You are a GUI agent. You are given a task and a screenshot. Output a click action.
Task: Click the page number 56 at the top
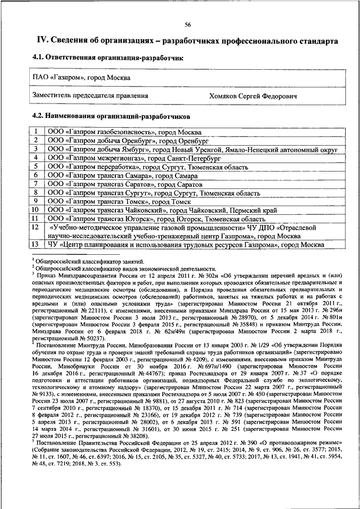point(187,24)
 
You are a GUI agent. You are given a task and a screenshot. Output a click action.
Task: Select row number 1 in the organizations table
point(35,131)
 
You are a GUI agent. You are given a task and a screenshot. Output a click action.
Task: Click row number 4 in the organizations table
point(35,158)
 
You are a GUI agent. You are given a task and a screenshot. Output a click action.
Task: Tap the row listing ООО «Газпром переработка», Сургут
point(147,167)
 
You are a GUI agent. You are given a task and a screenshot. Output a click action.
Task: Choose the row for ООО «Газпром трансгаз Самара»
point(124,176)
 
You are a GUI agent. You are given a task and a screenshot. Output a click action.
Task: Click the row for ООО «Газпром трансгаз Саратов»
point(124,184)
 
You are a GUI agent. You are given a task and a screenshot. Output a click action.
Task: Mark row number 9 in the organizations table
point(35,201)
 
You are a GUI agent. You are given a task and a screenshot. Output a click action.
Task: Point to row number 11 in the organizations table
point(35,218)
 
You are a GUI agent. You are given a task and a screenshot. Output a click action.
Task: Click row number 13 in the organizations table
point(35,245)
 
